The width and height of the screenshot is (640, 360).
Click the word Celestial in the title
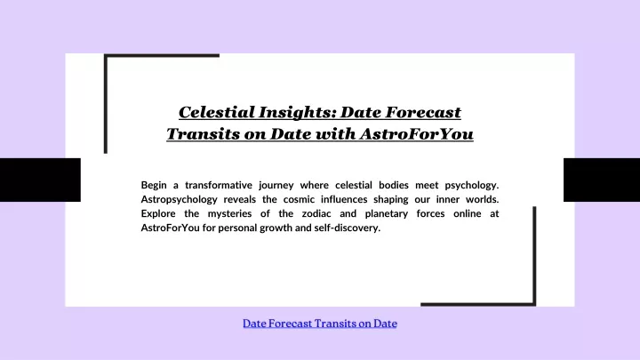pyautogui.click(x=216, y=112)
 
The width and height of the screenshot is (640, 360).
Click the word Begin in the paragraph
pyautogui.click(x=154, y=185)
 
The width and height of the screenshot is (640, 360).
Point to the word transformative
pyautogui.click(x=219, y=185)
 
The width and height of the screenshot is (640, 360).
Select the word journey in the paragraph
pyautogui.click(x=276, y=185)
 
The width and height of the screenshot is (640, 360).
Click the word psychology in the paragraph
pyautogui.click(x=471, y=185)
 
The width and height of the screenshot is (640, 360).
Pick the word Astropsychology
pyautogui.click(x=180, y=200)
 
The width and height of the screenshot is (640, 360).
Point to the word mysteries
pyautogui.click(x=229, y=214)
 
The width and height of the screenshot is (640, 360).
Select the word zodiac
pyautogui.click(x=316, y=213)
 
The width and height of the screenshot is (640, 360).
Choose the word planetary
pyautogui.click(x=386, y=214)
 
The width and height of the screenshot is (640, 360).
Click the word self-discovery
pyautogui.click(x=347, y=228)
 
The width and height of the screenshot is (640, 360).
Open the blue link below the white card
pyautogui.click(x=320, y=324)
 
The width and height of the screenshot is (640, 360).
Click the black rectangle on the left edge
pyautogui.click(x=40, y=180)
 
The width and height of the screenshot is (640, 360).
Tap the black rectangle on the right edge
pyautogui.click(x=602, y=180)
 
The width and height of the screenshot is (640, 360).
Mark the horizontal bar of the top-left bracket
pyautogui.click(x=162, y=55)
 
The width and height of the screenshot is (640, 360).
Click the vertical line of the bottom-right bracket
pyautogui.click(x=534, y=255)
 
